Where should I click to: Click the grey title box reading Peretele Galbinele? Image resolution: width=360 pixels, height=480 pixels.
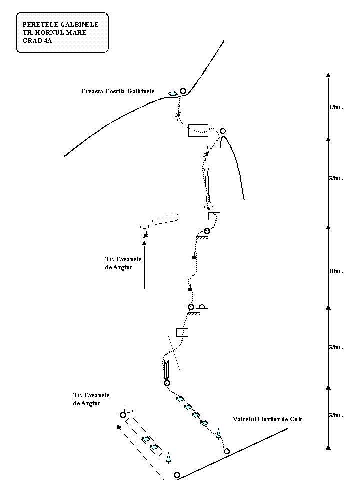coord(62,32)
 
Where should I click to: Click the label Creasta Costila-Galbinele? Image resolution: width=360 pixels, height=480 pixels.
coord(118,91)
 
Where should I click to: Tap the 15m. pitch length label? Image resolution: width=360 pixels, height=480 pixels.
coord(336,107)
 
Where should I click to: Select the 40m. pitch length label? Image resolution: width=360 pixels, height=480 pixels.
coord(336,271)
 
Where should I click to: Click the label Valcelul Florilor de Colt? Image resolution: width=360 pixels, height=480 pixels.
coord(267,419)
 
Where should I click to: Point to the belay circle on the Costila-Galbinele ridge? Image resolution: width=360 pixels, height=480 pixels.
coord(183,90)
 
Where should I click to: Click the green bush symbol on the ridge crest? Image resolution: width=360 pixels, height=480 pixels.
coord(173,94)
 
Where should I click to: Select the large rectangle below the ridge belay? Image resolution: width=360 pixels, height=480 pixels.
coord(198,130)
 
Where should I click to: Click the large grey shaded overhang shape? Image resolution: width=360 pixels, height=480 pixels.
coord(165,219)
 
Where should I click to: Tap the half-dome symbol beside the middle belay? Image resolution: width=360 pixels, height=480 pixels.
coord(202,306)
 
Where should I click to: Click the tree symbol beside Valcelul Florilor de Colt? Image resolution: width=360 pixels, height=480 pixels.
coord(218,434)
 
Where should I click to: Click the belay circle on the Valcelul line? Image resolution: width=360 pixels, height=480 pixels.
coord(226,451)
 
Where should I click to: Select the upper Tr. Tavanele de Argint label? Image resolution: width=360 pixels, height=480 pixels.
coord(123,263)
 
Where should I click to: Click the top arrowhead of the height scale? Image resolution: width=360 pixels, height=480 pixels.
coord(329,75)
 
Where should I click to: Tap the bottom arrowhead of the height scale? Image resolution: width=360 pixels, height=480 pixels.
coord(329,448)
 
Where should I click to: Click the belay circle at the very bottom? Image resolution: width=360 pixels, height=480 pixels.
coord(177,475)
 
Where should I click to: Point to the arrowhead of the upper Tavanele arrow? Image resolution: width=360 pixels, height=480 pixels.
coord(145,243)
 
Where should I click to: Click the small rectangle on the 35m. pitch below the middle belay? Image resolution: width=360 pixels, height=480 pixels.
coord(182,332)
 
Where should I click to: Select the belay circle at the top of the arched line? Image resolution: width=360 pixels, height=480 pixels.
coord(223,131)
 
